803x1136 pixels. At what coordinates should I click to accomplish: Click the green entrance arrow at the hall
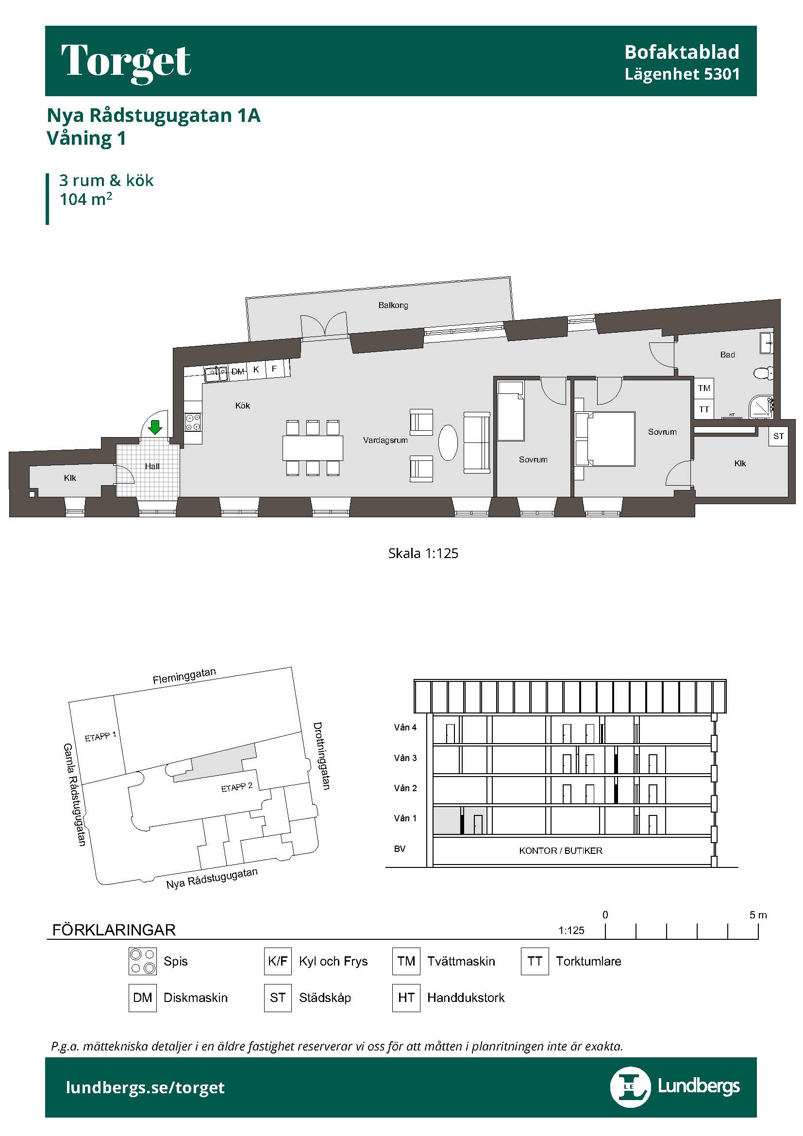point(155,427)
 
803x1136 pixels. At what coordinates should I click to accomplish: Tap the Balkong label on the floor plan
point(393,305)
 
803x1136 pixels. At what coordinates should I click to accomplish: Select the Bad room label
point(727,355)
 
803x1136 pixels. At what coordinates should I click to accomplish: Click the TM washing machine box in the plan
point(704,389)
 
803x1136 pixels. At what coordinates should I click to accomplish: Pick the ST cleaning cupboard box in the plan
point(778,437)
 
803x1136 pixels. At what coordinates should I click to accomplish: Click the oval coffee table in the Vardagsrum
point(448,443)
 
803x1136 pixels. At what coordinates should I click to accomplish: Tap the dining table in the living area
point(313,448)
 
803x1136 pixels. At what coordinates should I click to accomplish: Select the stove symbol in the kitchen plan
point(193,423)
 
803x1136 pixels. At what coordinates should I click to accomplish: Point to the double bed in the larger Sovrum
point(605,439)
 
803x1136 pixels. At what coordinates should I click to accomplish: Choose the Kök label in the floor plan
point(242,406)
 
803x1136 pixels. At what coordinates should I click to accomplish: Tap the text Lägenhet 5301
point(682,74)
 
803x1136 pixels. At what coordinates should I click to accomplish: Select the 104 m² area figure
point(85,199)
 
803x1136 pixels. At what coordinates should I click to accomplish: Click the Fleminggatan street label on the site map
point(184,676)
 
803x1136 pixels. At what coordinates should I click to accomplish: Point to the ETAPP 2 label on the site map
point(237,787)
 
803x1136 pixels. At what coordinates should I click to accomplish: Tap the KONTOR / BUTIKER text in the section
point(561,850)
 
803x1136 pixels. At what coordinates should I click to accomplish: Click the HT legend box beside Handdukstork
point(406,998)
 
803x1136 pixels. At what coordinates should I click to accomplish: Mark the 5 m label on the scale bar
point(758,915)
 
